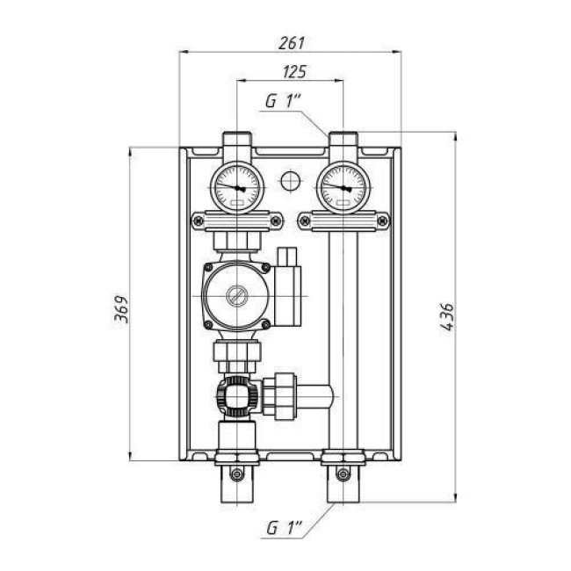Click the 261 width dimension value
coord(292,43)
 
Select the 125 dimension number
coord(294,72)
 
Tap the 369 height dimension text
coord(121,309)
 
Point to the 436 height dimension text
coord(447,316)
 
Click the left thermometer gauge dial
coord(237,188)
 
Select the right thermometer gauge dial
coord(343,188)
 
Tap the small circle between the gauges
coord(291,181)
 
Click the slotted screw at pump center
coord(236,295)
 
